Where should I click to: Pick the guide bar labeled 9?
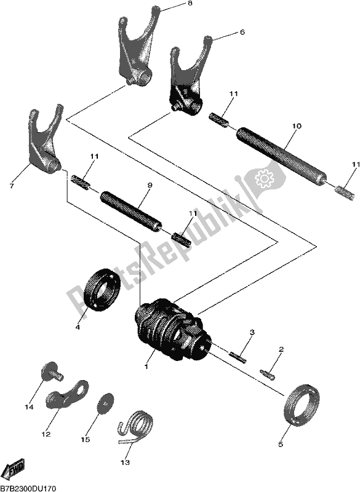tap(130, 210)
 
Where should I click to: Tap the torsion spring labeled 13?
tap(134, 425)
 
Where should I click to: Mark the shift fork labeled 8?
tap(136, 46)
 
